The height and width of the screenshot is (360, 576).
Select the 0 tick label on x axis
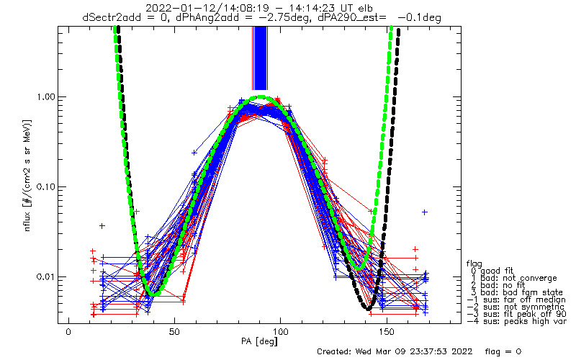(68, 333)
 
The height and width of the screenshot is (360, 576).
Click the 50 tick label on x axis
(174, 333)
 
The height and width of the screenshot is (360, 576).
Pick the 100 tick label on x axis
(280, 333)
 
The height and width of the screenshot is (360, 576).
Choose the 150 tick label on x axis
(387, 333)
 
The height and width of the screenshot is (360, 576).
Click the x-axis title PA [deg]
(259, 341)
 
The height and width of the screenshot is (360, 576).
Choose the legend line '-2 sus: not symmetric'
(516, 307)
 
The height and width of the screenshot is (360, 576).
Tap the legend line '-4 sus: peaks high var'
(516, 321)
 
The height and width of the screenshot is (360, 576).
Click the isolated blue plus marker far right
(425, 212)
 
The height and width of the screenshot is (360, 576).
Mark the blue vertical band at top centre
(261, 58)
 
